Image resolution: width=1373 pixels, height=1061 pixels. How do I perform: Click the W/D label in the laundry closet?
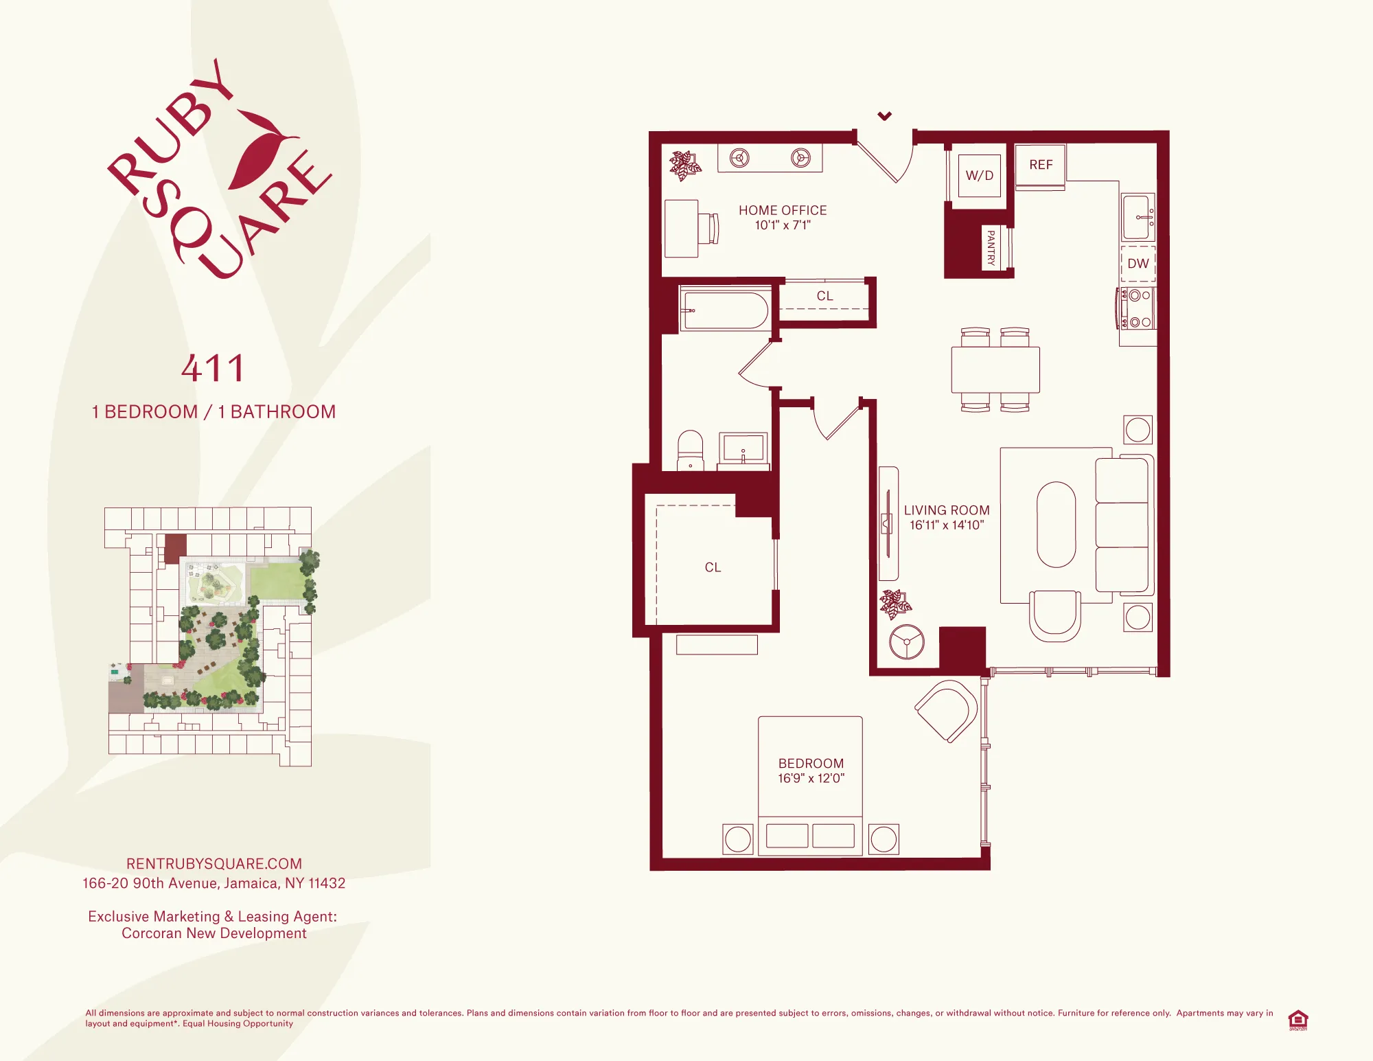979,175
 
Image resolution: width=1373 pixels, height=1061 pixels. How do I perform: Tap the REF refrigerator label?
1041,165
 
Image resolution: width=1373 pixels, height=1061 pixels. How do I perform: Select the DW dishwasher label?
1138,264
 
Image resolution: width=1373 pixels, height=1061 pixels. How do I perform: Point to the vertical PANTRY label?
991,247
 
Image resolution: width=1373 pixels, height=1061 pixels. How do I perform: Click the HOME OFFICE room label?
783,210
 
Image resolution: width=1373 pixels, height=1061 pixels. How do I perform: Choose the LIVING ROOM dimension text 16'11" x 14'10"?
947,525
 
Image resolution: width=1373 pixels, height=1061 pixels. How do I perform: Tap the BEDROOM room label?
811,763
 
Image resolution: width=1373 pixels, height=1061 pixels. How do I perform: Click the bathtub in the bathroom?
726,310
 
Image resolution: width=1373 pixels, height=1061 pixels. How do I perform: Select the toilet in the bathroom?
690,449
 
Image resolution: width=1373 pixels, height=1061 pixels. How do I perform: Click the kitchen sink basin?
1136,217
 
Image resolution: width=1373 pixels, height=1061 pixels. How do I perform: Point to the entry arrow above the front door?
885,116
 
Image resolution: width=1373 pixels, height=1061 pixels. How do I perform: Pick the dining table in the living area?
995,369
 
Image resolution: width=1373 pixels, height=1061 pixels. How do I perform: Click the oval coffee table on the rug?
1056,525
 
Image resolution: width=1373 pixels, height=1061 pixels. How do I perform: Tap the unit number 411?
214,368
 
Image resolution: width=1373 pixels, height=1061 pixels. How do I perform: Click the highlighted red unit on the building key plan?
175,548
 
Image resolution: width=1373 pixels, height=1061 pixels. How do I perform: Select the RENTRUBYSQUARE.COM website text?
214,864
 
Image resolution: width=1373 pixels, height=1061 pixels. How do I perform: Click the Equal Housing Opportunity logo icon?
1297,1019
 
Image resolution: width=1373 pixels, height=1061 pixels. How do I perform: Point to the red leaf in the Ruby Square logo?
260,151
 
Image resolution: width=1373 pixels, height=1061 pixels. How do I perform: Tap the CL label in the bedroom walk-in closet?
713,567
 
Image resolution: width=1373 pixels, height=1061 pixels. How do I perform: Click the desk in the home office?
682,229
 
